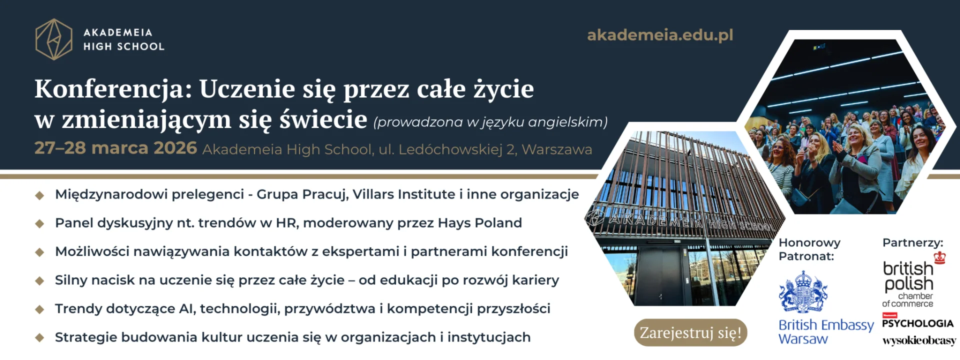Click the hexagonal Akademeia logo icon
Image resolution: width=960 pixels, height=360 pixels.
tap(54, 39)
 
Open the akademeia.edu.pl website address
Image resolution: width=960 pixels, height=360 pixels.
tap(660, 35)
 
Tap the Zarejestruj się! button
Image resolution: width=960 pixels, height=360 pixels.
tap(690, 332)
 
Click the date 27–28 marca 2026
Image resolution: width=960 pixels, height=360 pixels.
tap(115, 148)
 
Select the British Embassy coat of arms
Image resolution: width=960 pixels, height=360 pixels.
tap(803, 292)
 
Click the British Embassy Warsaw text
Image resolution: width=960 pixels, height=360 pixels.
tap(826, 331)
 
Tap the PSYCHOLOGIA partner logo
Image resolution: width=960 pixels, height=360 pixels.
tap(917, 321)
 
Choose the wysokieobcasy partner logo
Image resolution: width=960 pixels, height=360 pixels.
tap(919, 340)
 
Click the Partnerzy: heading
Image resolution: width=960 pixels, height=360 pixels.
tap(912, 243)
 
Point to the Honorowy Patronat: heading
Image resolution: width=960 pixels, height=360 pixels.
tap(809, 249)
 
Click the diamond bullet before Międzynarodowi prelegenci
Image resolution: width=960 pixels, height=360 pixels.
tap(40, 195)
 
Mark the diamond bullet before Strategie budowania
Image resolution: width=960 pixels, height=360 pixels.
tap(40, 338)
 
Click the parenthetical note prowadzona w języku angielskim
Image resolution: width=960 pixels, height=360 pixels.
tap(490, 122)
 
